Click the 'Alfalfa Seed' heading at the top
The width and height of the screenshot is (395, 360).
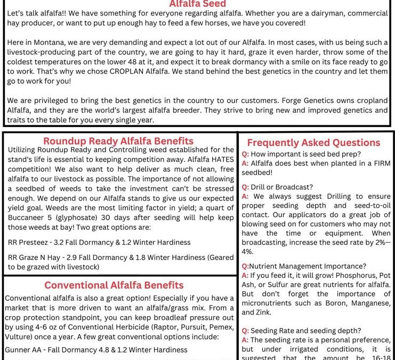click(197, 4)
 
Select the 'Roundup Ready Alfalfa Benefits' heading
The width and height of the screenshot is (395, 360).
click(118, 141)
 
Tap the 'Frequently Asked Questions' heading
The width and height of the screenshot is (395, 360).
click(313, 142)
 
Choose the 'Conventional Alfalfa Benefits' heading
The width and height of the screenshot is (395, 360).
click(114, 285)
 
